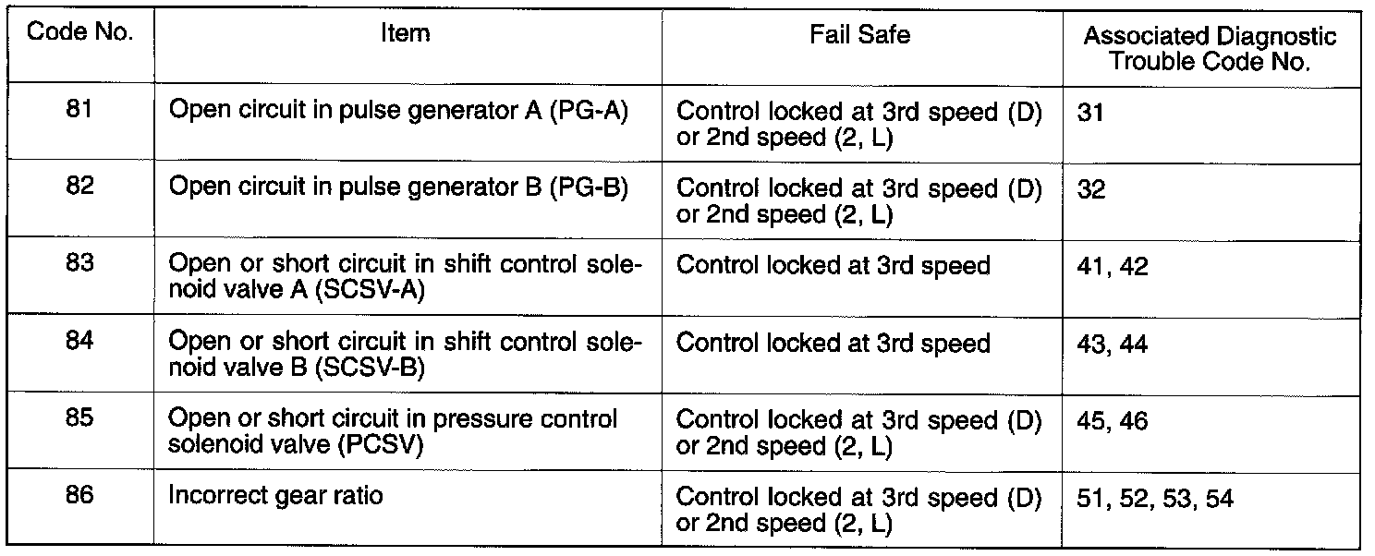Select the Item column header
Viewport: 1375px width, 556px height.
click(406, 35)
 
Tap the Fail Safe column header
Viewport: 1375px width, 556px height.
click(859, 35)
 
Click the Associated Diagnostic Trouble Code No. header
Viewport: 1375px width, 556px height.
click(1210, 49)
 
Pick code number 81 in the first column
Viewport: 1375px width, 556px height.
click(79, 111)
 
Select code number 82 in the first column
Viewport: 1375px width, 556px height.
click(79, 187)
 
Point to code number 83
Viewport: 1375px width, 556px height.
click(79, 265)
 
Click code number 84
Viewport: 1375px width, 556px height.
click(79, 344)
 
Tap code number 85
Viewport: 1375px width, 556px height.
click(79, 419)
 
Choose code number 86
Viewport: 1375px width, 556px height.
click(79, 495)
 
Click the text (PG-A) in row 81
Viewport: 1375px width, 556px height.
click(589, 112)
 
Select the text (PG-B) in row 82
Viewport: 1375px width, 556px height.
click(589, 188)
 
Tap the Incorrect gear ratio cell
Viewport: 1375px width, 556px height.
click(275, 496)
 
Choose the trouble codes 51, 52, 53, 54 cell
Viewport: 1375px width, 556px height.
click(1155, 498)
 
